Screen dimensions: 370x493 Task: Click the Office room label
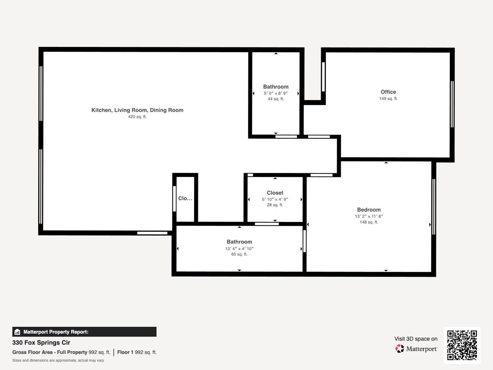click(x=388, y=92)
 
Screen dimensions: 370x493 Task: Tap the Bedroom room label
click(x=369, y=210)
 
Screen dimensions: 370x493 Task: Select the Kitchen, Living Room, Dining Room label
click(x=137, y=110)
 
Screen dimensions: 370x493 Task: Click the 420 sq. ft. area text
click(x=137, y=117)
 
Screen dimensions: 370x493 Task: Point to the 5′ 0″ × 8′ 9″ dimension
click(x=276, y=93)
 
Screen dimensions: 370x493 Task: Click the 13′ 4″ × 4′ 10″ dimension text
click(x=239, y=249)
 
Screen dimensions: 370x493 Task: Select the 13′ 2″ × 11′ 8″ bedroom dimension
click(x=369, y=216)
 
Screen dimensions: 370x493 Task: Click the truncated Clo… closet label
click(x=185, y=198)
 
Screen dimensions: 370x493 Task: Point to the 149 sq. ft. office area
click(x=388, y=99)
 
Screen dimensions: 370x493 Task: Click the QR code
click(x=462, y=345)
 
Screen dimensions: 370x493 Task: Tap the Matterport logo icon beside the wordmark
click(x=400, y=349)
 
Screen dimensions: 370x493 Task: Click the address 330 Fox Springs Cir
click(x=41, y=343)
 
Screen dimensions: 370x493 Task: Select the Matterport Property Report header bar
click(x=84, y=332)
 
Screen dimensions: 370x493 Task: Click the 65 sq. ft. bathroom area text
click(x=239, y=254)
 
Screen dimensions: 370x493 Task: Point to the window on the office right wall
click(x=452, y=104)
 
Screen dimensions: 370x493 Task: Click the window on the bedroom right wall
click(x=434, y=207)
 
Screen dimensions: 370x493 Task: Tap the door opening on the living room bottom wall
click(x=152, y=233)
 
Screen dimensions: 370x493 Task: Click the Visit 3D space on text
click(x=416, y=339)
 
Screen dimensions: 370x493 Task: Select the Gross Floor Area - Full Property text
click(x=50, y=352)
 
